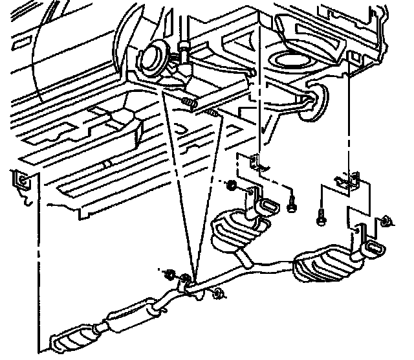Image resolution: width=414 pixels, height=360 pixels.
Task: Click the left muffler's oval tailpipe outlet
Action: [269, 207]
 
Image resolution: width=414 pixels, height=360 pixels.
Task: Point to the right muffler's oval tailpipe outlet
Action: [375, 247]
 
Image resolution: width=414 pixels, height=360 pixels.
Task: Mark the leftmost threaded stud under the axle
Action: [188, 102]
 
